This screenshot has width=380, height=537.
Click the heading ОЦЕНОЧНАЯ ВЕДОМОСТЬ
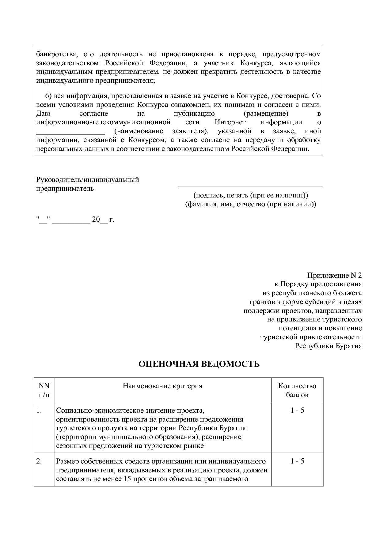click(x=199, y=364)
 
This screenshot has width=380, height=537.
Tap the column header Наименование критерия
click(x=162, y=386)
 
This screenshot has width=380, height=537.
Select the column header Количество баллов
click(x=297, y=390)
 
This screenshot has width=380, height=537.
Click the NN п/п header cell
click(x=44, y=390)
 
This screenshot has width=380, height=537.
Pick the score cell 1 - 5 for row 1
click(x=297, y=410)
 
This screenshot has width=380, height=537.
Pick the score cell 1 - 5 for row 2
click(x=297, y=461)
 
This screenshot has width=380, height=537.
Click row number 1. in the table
click(x=39, y=410)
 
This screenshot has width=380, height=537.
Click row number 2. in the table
click(x=39, y=461)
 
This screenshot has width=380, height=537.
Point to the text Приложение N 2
click(x=334, y=275)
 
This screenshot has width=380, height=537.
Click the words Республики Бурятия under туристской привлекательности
click(x=328, y=346)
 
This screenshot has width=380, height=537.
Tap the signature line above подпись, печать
click(x=250, y=186)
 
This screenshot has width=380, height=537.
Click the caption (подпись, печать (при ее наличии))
click(x=250, y=195)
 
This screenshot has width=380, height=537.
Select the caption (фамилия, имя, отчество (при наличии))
click(x=250, y=204)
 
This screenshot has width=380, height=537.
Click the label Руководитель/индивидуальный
click(x=88, y=179)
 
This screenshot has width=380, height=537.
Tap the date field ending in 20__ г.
click(x=75, y=220)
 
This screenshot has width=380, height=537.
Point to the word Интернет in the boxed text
click(x=230, y=122)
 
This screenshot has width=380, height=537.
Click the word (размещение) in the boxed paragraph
click(x=266, y=114)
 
